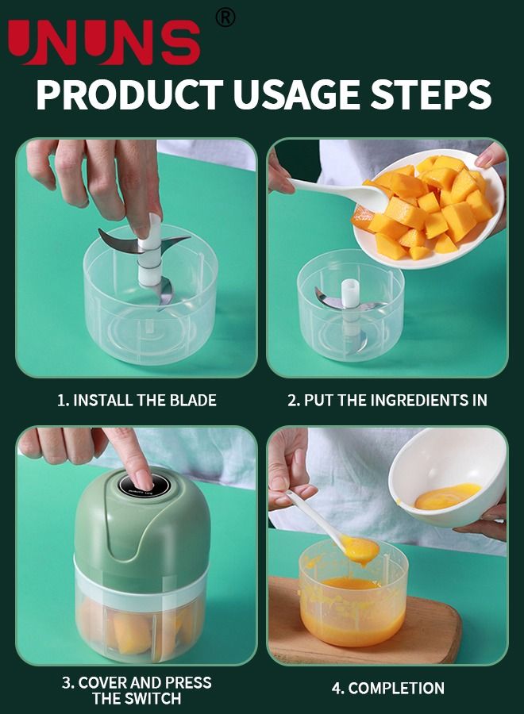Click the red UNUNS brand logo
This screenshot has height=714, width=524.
(x=104, y=42)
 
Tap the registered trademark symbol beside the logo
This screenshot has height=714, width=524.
(x=225, y=17)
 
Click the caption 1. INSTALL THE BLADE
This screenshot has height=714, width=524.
(x=137, y=401)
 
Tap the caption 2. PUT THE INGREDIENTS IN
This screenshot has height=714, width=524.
(x=387, y=401)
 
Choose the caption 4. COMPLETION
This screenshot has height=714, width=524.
(x=387, y=688)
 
